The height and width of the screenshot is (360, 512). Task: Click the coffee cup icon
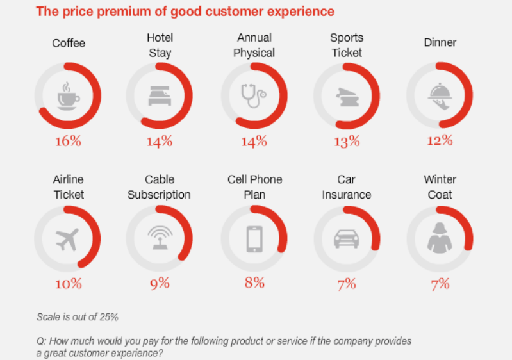(x=67, y=95)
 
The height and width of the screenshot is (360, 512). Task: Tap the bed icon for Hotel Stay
(x=159, y=96)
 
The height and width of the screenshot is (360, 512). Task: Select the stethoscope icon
(x=253, y=96)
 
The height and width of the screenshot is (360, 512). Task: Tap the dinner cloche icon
(x=440, y=95)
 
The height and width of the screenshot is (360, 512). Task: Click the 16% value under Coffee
(x=67, y=141)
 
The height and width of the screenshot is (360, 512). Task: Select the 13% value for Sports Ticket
(x=347, y=142)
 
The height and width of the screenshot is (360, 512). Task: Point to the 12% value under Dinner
(x=440, y=140)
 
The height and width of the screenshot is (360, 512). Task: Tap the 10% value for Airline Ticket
(x=68, y=283)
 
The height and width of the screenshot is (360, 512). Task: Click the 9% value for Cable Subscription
(x=160, y=283)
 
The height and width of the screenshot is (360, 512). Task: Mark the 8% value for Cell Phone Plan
(x=254, y=282)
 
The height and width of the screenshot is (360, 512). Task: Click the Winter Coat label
(x=440, y=186)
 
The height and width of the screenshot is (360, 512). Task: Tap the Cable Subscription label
(x=159, y=186)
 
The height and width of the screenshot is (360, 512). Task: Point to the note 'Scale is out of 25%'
(x=78, y=316)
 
